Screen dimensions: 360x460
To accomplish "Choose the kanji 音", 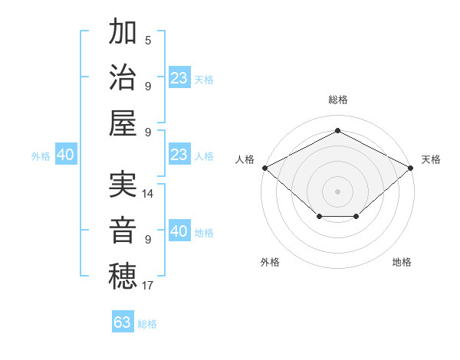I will [123, 231].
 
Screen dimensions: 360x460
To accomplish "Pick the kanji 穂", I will [123, 277].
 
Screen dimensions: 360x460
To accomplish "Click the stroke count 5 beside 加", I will [148, 40].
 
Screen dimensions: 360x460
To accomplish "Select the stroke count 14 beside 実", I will [148, 194].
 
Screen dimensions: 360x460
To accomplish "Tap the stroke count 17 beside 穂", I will [148, 286].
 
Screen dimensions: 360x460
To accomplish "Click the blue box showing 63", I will [123, 322].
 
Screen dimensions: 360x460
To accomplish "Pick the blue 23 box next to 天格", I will [179, 77].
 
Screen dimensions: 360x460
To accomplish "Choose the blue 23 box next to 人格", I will [179, 155].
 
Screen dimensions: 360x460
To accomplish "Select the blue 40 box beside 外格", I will [65, 155].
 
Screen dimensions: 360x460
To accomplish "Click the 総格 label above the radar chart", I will [338, 100].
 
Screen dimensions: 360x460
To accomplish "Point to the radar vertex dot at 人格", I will [264, 168].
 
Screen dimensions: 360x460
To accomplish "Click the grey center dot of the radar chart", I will [338, 191].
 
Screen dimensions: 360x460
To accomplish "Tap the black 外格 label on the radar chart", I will [270, 262].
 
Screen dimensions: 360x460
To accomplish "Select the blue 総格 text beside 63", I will [147, 324].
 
